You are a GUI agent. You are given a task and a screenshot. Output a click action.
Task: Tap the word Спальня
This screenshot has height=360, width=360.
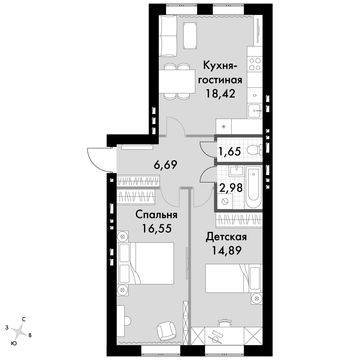(156, 215)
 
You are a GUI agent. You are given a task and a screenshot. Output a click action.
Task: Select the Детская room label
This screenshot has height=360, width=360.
(226, 237)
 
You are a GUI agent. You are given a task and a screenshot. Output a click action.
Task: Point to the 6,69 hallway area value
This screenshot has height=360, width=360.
(165, 165)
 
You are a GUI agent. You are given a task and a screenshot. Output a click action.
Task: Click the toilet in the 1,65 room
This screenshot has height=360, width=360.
(255, 150)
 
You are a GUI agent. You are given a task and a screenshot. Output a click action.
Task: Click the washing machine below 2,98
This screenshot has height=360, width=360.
(225, 201)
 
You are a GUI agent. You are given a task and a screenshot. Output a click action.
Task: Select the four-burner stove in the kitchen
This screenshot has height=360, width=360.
(255, 64)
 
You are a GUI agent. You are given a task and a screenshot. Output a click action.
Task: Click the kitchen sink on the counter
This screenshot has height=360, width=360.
(255, 111)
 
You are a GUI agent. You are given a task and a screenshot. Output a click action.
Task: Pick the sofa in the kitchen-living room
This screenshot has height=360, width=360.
(168, 36)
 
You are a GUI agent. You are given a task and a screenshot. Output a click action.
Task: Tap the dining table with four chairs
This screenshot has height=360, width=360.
(177, 81)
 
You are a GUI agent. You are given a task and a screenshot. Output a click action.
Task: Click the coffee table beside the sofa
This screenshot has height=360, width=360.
(190, 36)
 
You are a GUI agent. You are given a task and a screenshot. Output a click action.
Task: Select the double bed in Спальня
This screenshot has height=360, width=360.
(146, 264)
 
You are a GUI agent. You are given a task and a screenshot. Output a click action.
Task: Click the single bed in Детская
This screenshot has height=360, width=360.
(234, 278)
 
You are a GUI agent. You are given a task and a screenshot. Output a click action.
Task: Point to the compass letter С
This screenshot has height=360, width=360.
(24, 319)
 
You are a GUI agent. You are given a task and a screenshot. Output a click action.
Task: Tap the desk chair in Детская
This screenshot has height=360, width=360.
(225, 324)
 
